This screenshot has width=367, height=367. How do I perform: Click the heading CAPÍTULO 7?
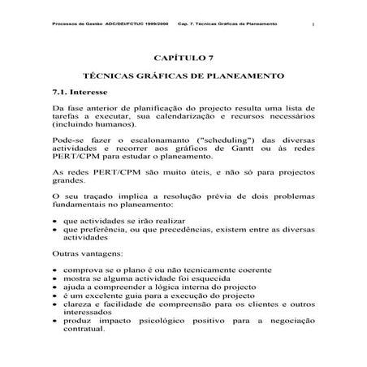coord(183,58)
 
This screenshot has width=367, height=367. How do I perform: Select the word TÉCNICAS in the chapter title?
coord(112,75)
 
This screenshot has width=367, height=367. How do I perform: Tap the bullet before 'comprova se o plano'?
coord(56,270)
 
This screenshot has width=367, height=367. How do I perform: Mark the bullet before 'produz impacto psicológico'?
coord(56,321)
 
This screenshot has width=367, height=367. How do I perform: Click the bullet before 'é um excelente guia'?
coord(56,296)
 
